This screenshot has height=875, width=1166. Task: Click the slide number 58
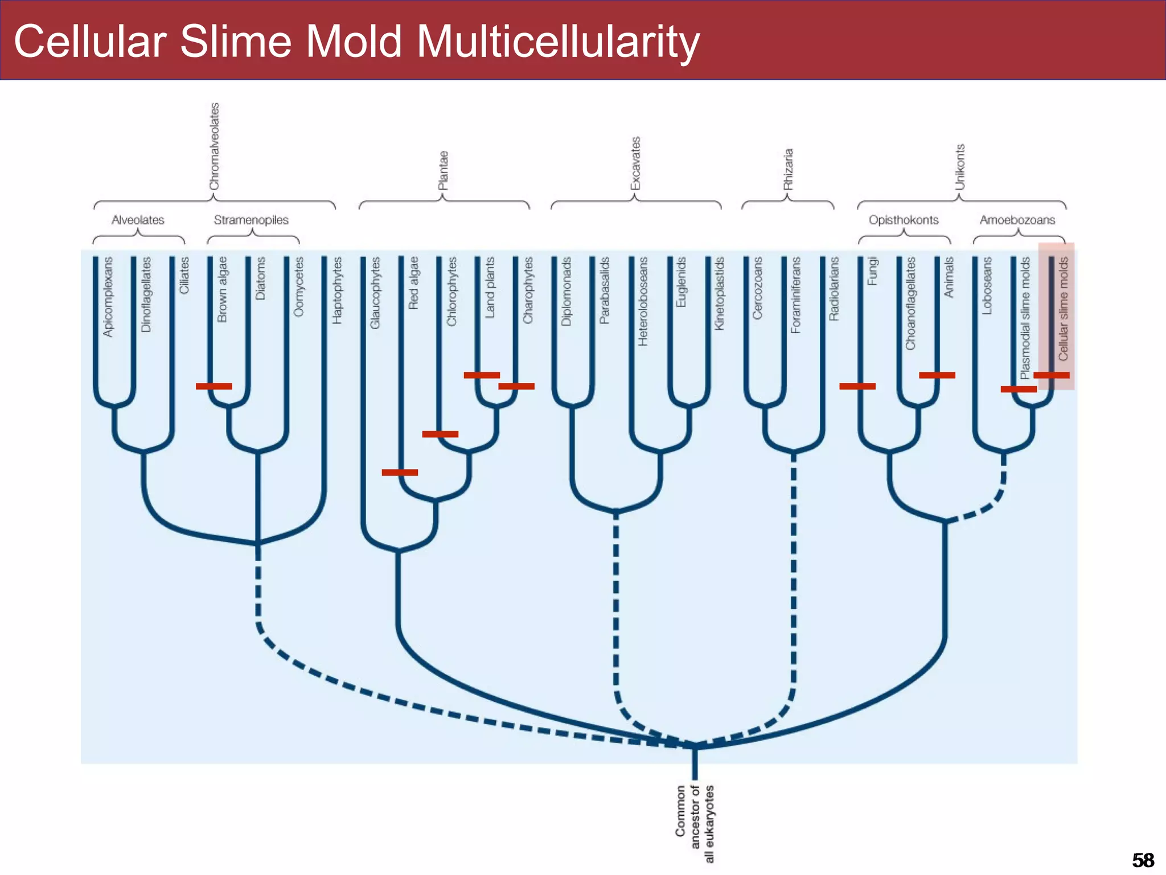click(x=1143, y=860)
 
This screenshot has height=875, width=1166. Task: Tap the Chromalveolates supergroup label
click(x=214, y=146)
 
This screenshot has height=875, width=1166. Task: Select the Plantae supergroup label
click(x=444, y=170)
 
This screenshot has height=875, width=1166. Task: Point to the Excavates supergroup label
click(x=635, y=163)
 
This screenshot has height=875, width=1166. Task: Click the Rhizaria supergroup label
click(x=788, y=169)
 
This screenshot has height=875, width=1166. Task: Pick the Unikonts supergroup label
click(x=960, y=167)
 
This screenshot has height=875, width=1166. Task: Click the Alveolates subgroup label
click(x=138, y=220)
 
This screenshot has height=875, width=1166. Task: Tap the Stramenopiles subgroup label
click(x=251, y=220)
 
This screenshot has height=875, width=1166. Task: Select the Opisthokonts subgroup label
click(x=904, y=220)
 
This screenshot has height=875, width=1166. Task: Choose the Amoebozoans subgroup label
click(x=1017, y=220)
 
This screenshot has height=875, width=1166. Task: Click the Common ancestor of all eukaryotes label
click(x=695, y=824)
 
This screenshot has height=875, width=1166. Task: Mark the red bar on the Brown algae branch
click(x=214, y=386)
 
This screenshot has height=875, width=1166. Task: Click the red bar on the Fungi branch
click(x=857, y=386)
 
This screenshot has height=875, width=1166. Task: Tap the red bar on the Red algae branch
click(x=400, y=472)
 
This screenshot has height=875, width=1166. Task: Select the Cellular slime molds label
click(x=1063, y=309)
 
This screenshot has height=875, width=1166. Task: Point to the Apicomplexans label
click(x=108, y=297)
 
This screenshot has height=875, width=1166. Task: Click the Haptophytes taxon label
click(x=338, y=291)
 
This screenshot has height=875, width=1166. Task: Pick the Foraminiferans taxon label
click(x=795, y=295)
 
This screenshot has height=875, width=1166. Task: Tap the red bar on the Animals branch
click(x=937, y=375)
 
